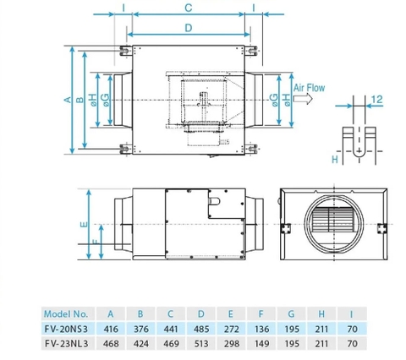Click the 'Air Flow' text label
(309, 87)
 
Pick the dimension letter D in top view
(188, 28)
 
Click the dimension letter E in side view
(81, 225)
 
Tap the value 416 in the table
(110, 328)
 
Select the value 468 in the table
(110, 344)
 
